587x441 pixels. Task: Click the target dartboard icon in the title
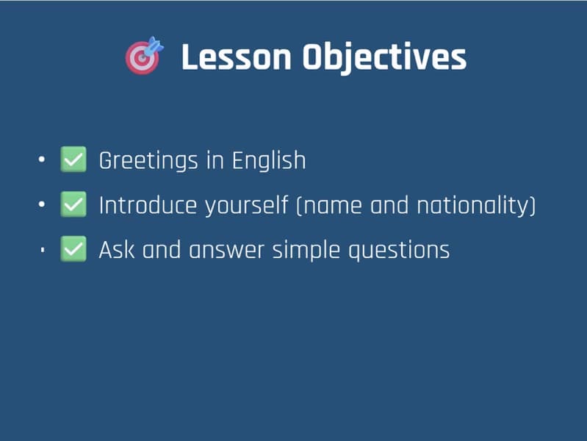pos(144,56)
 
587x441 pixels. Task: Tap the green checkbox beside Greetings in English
pos(73,159)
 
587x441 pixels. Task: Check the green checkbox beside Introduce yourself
pos(73,205)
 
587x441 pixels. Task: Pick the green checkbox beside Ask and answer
pos(73,250)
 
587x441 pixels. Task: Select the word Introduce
pos(147,206)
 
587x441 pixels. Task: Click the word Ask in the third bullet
pos(116,251)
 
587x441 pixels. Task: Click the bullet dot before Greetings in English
pos(43,159)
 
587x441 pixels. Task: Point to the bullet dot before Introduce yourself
pos(43,205)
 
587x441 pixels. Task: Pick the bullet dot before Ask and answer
pos(43,250)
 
